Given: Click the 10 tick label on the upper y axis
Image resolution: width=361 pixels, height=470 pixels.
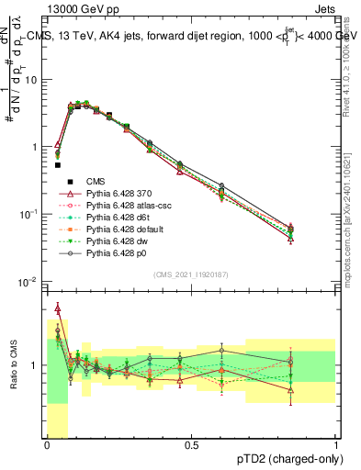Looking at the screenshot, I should tap(31, 79).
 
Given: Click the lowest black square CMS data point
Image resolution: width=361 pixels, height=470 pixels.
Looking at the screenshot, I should tap(58, 165).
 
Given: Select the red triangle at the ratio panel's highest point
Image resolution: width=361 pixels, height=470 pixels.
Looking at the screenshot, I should tap(58, 308).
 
